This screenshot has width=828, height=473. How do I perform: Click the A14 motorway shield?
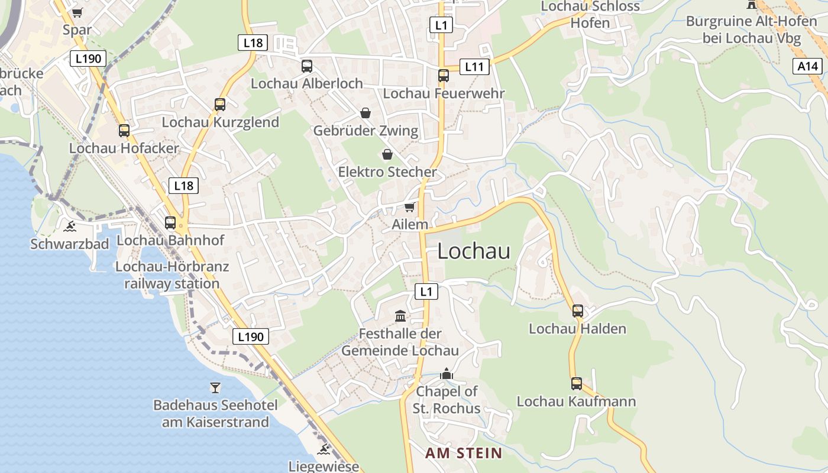pyautogui.click(x=808, y=66)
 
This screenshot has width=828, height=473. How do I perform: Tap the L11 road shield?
pyautogui.click(x=474, y=66)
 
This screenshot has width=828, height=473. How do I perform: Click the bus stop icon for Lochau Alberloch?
pyautogui.click(x=306, y=66)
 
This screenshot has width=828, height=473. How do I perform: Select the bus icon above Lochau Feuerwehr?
pyautogui.click(x=444, y=76)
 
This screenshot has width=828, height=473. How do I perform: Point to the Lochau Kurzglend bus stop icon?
pyautogui.click(x=220, y=105)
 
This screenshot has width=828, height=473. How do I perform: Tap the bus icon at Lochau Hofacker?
pyautogui.click(x=124, y=131)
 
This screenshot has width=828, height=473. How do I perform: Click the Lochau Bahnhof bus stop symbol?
pyautogui.click(x=170, y=223)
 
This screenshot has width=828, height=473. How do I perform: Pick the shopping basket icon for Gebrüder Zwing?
pyautogui.click(x=366, y=113)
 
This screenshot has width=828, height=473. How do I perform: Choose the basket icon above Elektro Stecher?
pyautogui.click(x=387, y=154)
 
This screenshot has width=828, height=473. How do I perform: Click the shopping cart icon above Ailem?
pyautogui.click(x=409, y=207)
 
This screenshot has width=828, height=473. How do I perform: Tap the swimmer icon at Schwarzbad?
pyautogui.click(x=70, y=226)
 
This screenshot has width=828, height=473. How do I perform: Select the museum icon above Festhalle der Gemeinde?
pyautogui.click(x=400, y=316)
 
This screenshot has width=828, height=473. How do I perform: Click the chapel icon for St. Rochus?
pyautogui.click(x=447, y=374)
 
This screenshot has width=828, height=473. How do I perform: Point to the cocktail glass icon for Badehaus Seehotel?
pyautogui.click(x=215, y=388)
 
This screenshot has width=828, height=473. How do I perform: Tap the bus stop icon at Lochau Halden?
pyautogui.click(x=578, y=311)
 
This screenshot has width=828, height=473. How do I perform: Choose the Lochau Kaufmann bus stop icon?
pyautogui.click(x=577, y=384)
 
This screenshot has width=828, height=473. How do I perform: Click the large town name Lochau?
pyautogui.click(x=474, y=251)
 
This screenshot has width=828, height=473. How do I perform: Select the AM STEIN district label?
pyautogui.click(x=464, y=453)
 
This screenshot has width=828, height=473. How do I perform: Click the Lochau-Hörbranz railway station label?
pyautogui.click(x=172, y=275)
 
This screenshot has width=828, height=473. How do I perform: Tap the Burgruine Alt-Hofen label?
pyautogui.click(x=751, y=30)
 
